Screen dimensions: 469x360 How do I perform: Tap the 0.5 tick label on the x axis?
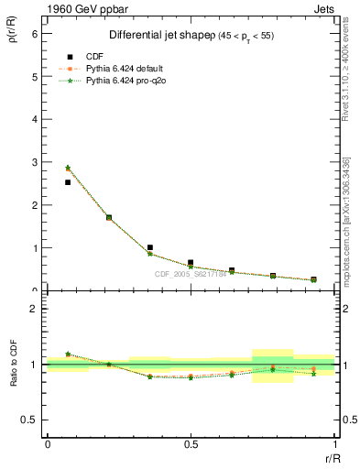[191, 444]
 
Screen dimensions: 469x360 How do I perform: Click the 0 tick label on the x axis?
[48, 444]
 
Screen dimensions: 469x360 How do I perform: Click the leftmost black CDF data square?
[68, 182]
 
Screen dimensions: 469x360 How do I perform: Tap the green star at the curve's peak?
[68, 168]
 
